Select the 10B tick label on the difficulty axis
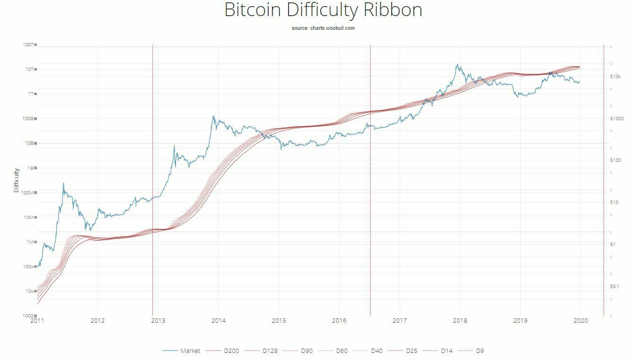tap(28, 143)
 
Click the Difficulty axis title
tap(17, 180)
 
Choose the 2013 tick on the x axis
tap(158, 321)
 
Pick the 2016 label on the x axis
tap(339, 321)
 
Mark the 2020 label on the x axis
tap(580, 321)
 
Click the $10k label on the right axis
tap(615, 77)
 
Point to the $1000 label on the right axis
tap(616, 119)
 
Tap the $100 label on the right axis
tap(615, 160)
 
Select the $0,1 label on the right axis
tap(615, 287)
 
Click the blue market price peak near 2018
tap(457, 65)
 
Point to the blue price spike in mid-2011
tap(63, 184)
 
